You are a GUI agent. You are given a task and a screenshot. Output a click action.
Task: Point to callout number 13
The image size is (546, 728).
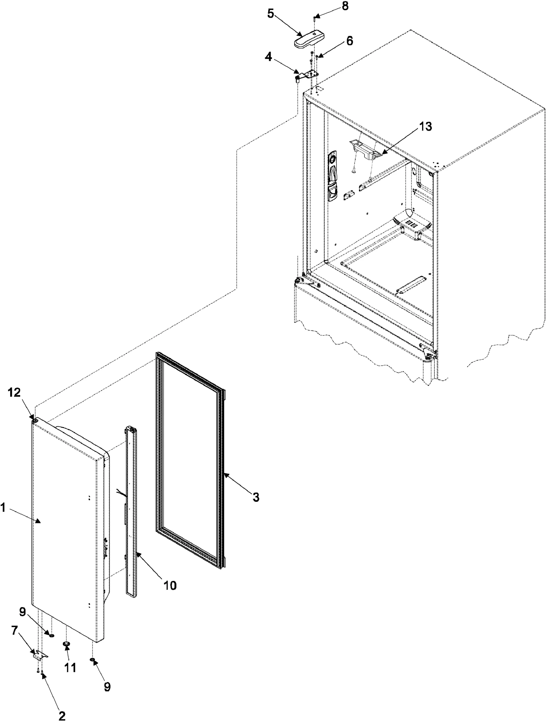[x=425, y=126]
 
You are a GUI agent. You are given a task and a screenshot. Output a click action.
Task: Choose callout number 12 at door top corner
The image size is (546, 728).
[x=15, y=393]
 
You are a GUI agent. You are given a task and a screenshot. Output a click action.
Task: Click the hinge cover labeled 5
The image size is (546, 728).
[x=309, y=42]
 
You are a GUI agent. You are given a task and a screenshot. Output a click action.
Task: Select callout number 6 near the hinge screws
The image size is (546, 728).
[x=349, y=41]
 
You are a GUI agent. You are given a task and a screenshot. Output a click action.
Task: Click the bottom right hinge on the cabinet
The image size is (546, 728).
[x=429, y=353]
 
